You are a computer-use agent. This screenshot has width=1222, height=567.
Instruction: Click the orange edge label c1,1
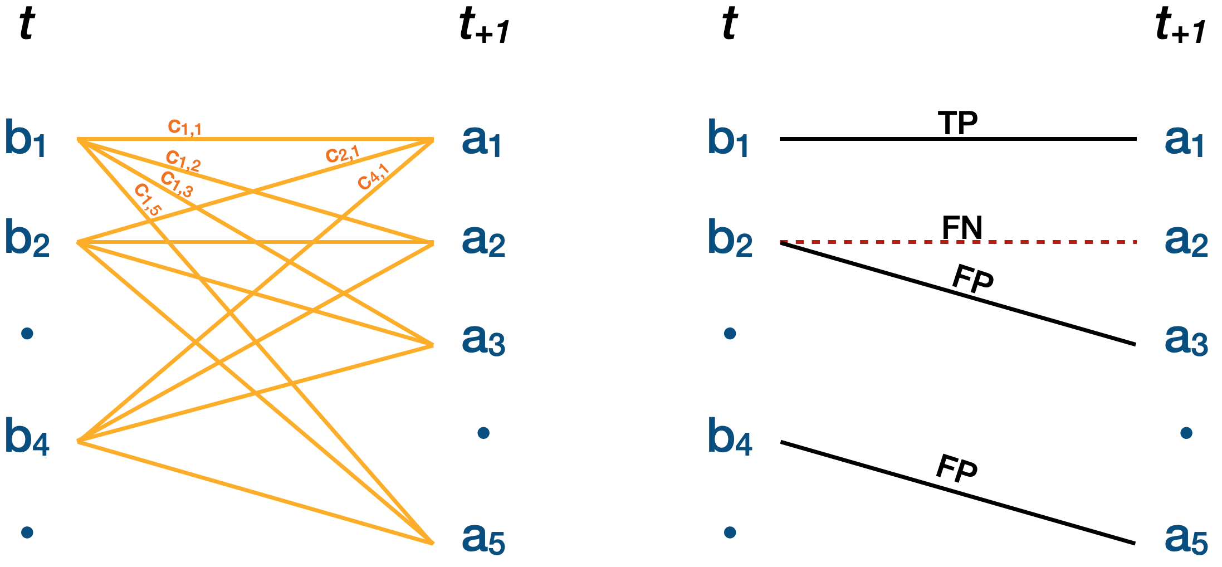pos(184,128)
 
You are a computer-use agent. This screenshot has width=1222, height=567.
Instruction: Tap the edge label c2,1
pos(343,154)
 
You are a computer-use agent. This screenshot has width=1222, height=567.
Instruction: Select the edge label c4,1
pos(373,177)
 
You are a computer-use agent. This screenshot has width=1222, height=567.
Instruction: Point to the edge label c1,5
pos(148,199)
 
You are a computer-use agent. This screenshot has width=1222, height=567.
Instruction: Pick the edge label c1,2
pos(183,161)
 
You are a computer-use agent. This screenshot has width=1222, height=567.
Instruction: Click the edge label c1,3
pos(177,184)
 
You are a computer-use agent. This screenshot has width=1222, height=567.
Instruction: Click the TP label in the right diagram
pos(957,123)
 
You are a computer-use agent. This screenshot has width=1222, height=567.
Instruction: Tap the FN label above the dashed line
pos(962,227)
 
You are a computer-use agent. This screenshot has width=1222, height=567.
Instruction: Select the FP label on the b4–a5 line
pos(956,468)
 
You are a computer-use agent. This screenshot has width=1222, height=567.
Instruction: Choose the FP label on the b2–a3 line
pos(972,279)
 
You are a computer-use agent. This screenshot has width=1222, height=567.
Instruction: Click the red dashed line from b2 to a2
pos(1058,242)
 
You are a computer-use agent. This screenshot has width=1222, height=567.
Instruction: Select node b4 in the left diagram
pos(27,438)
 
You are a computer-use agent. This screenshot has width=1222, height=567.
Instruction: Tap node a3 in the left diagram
pos(483,340)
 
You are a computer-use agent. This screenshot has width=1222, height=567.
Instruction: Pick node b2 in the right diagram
pos(730,239)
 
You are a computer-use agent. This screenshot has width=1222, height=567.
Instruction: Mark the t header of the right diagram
pos(729,25)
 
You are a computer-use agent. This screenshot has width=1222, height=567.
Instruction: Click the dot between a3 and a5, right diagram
pos(1186,433)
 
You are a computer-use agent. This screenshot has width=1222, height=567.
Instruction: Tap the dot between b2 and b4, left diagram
pos(27,334)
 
